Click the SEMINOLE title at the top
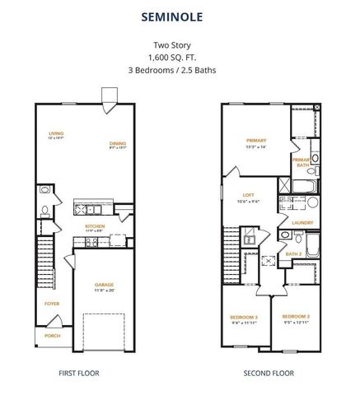point(180,16)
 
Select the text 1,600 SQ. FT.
point(180,59)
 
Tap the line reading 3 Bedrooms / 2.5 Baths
point(180,71)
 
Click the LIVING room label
point(56,133)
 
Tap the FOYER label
point(52,304)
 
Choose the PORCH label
point(52,334)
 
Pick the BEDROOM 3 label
point(244,317)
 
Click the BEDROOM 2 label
point(295,317)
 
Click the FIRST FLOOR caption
point(79,373)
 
